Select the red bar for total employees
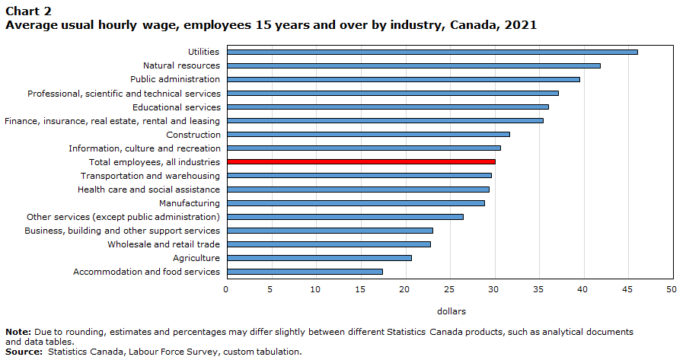(361, 162)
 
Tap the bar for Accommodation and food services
(305, 272)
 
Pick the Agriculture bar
(319, 258)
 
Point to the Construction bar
(369, 134)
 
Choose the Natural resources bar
(413, 65)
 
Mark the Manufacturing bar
(356, 203)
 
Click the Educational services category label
(177, 107)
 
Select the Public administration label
(175, 79)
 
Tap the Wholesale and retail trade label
(164, 244)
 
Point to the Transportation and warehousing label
(150, 176)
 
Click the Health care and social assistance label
(148, 190)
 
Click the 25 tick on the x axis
(449, 289)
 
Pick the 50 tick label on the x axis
(672, 289)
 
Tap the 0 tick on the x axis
(226, 289)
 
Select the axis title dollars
(451, 311)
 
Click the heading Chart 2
(28, 11)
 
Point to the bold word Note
(18, 332)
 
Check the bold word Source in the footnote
(24, 352)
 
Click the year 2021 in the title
(521, 25)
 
